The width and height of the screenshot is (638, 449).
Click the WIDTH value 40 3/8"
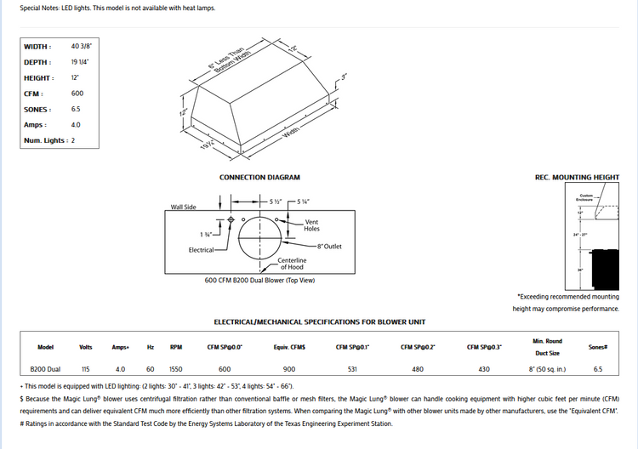click(82, 46)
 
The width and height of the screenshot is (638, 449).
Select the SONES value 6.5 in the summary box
click(77, 109)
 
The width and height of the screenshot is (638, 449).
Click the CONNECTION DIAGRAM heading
click(260, 178)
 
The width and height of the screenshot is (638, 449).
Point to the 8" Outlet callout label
click(329, 247)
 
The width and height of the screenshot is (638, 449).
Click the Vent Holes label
click(312, 225)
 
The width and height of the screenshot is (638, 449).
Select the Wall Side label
click(183, 207)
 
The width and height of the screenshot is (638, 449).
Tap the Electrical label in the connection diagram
click(202, 250)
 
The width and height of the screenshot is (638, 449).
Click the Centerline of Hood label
click(292, 264)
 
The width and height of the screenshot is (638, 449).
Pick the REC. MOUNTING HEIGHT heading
click(577, 178)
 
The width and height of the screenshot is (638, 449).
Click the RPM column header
click(176, 347)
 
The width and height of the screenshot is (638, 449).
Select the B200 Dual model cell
click(46, 370)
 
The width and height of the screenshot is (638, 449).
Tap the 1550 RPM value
click(176, 370)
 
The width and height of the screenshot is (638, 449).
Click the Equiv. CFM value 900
click(289, 370)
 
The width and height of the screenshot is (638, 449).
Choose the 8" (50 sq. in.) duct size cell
click(547, 370)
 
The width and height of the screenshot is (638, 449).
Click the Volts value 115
click(85, 370)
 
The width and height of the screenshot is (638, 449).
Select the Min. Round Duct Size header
click(547, 346)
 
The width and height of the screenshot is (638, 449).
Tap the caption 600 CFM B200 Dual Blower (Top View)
click(260, 280)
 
